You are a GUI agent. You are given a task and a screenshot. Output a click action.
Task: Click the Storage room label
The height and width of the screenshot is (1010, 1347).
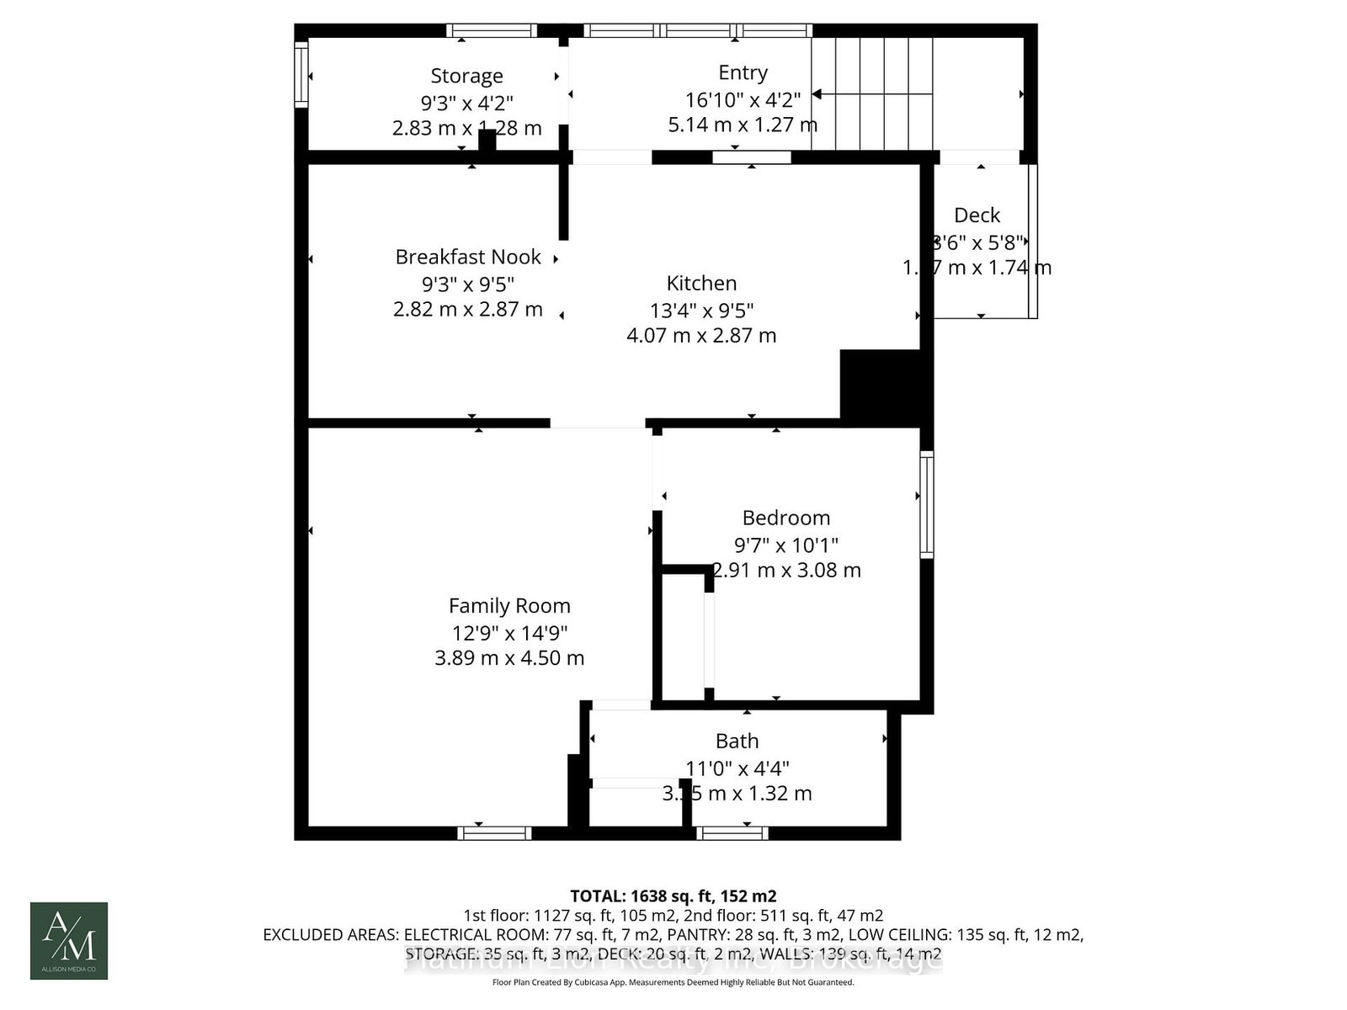[x=466, y=76]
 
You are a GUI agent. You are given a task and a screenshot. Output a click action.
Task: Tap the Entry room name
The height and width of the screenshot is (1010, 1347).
[x=743, y=72]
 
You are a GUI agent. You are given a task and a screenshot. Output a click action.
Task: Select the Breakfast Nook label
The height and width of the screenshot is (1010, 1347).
[x=468, y=257]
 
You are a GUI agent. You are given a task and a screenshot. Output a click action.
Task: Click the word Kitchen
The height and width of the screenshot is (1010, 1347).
[x=701, y=283]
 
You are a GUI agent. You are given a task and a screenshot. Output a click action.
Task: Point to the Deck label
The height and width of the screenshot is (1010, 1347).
[x=977, y=215]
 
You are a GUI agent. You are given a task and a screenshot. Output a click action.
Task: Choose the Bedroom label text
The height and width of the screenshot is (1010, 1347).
[x=785, y=518]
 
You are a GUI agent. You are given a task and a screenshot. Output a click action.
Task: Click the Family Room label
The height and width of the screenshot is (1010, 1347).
[x=509, y=606]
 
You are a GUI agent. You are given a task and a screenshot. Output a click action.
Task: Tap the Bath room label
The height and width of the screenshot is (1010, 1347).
[x=737, y=741]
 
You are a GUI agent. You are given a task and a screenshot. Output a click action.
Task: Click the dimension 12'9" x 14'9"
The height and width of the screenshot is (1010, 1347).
[x=509, y=632]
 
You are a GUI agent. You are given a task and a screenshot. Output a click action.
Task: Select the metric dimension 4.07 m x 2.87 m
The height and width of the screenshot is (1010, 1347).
[x=701, y=336]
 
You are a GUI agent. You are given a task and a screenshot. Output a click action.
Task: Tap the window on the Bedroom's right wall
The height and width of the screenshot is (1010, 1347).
[x=926, y=504]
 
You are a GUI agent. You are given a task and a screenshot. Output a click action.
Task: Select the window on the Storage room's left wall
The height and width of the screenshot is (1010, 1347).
[x=301, y=76]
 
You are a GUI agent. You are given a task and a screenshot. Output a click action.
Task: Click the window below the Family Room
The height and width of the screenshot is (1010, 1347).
[x=494, y=832]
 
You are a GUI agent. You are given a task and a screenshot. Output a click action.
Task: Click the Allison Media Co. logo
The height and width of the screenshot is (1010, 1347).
[x=69, y=940]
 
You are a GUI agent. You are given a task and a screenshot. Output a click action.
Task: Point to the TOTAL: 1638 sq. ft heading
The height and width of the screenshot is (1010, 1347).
[x=673, y=896]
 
